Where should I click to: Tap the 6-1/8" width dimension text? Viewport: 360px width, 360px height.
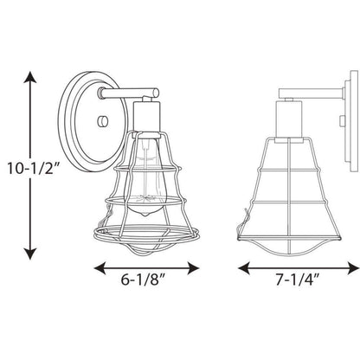[143, 280]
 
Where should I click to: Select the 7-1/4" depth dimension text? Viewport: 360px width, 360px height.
[298, 280]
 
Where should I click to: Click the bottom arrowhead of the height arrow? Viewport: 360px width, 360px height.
[30, 254]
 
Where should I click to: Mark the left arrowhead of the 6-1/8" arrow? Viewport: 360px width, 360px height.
[100, 268]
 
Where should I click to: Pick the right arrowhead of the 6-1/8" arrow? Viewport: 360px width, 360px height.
[193, 268]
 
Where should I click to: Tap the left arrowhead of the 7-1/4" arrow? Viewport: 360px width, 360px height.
[244, 268]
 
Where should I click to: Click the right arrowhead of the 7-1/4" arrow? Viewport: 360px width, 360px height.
[353, 268]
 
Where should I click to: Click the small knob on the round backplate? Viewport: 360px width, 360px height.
[103, 121]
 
